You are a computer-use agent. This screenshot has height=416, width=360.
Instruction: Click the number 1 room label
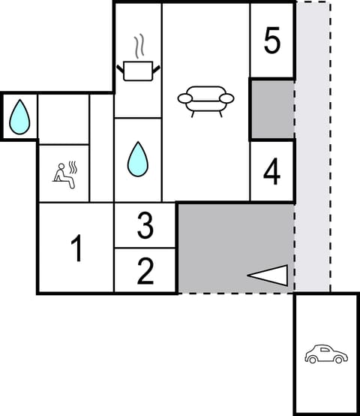(76, 249)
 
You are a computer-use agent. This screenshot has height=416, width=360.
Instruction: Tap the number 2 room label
(145, 270)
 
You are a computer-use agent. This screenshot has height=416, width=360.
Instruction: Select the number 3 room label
(145, 225)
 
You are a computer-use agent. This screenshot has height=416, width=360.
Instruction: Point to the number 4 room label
(271, 171)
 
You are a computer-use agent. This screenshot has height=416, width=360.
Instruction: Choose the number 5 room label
(272, 41)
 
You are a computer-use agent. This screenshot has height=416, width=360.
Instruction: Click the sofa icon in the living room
(206, 100)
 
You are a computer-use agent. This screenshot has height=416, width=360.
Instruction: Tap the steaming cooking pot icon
(138, 71)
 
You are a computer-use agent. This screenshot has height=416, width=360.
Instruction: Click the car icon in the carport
(325, 354)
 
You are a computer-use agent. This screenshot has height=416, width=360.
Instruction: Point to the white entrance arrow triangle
(270, 276)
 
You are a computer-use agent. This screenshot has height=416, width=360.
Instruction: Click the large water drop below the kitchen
(137, 158)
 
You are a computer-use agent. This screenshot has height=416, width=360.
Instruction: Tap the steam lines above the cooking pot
(138, 47)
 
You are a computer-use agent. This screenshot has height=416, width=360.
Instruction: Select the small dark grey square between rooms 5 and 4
(271, 109)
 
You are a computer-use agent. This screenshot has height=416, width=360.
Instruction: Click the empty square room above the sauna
(64, 118)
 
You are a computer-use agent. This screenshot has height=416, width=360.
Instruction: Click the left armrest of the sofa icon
(184, 98)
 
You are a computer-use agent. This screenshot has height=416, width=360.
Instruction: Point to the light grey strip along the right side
(313, 150)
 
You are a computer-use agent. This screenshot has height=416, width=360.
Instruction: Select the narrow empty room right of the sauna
(101, 148)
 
